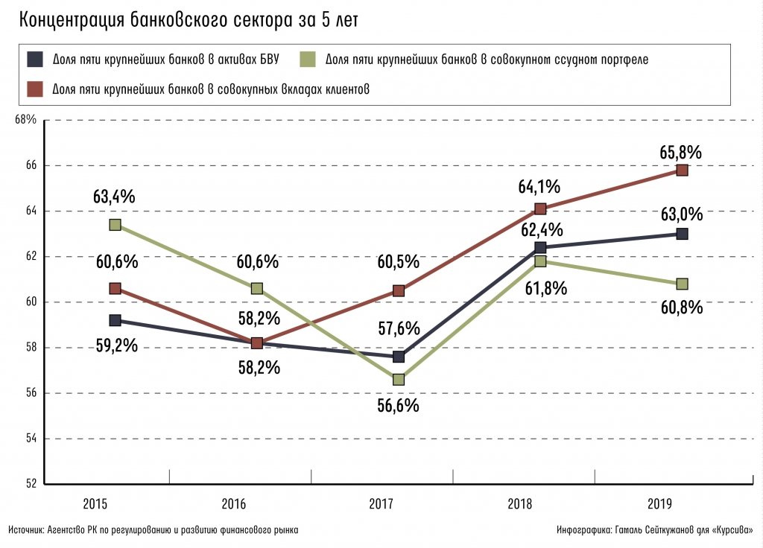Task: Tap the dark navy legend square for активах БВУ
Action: click(x=34, y=59)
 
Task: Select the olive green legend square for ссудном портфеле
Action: click(x=308, y=59)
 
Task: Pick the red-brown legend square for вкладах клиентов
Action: click(x=34, y=89)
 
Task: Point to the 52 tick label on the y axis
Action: click(x=30, y=484)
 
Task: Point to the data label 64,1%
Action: click(x=541, y=186)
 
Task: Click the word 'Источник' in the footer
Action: click(x=26, y=531)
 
